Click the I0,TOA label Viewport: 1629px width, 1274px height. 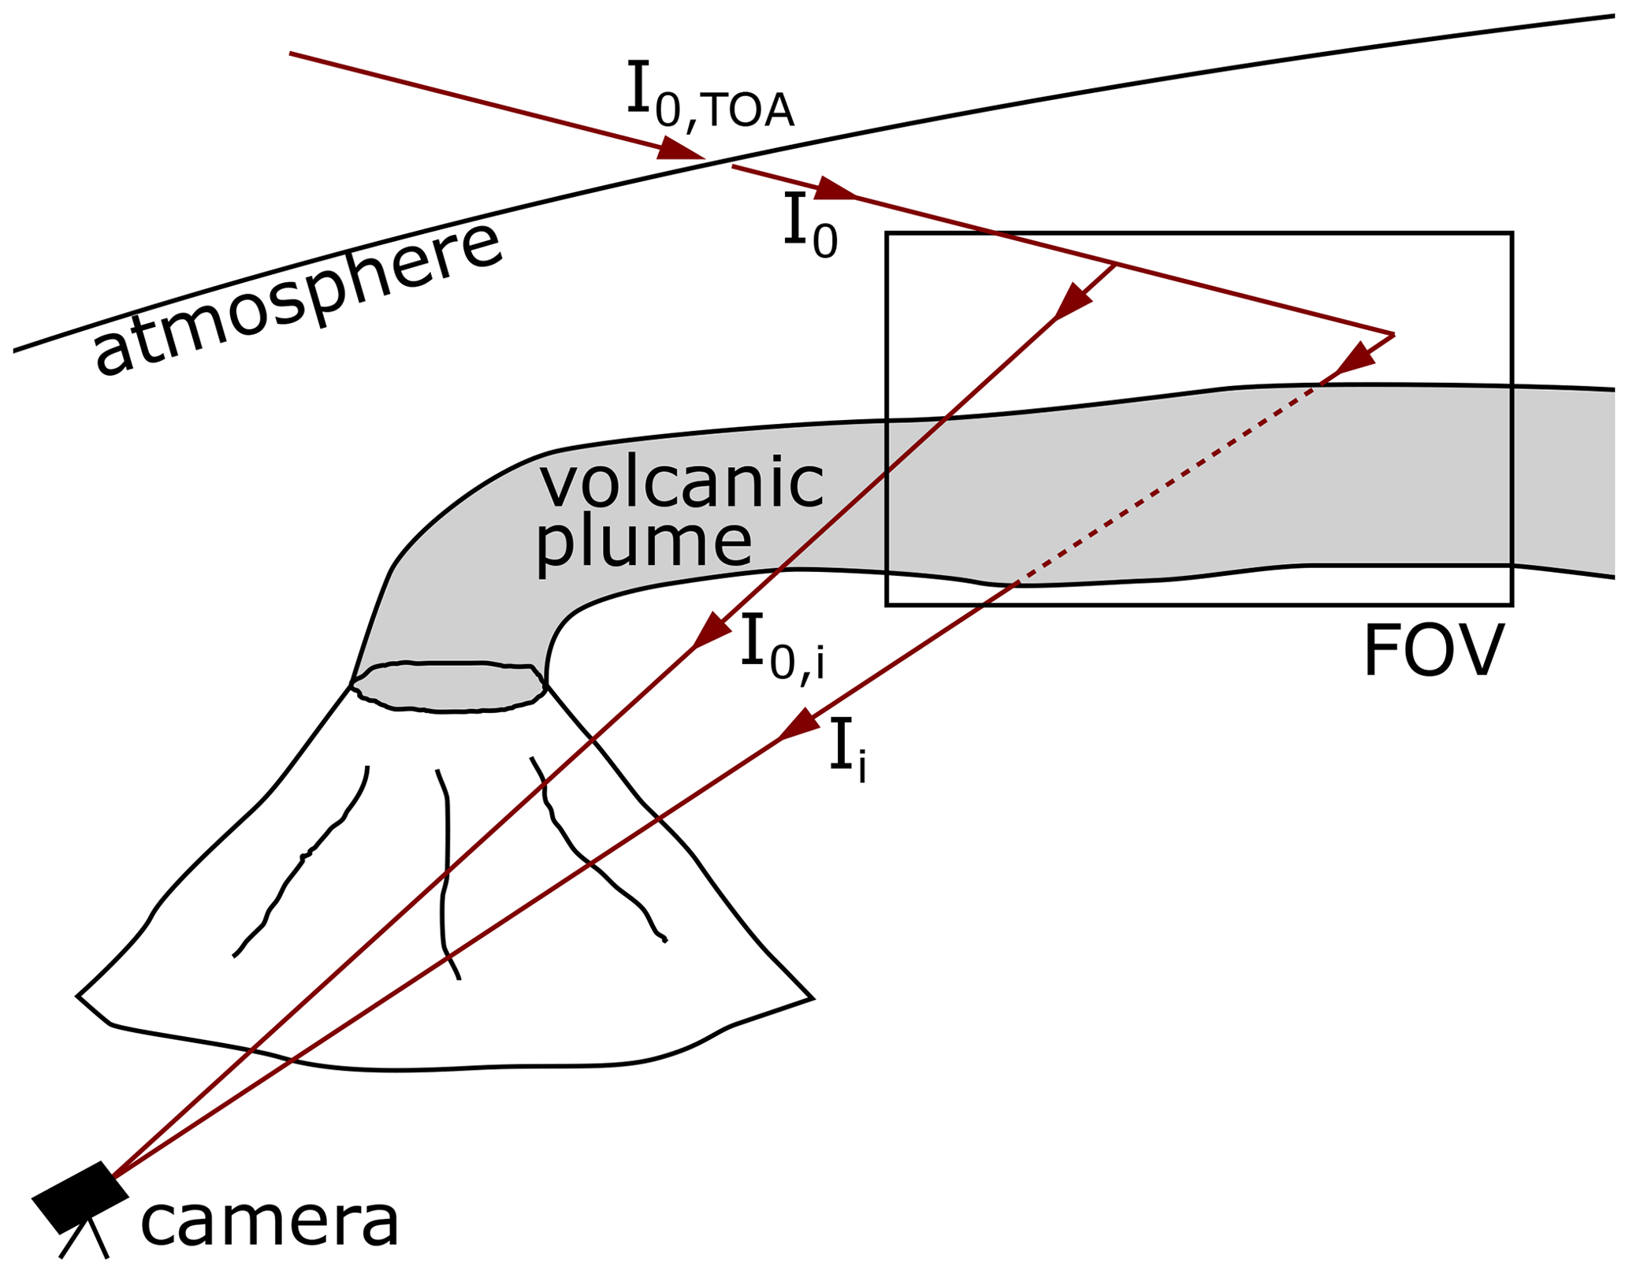[709, 96]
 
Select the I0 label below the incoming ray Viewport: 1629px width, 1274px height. [810, 226]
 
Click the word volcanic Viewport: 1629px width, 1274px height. [681, 481]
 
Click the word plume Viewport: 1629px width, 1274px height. [643, 544]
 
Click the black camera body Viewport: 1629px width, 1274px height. [80, 1196]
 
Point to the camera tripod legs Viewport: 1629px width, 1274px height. [84, 1240]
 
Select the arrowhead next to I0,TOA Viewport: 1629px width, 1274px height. [678, 150]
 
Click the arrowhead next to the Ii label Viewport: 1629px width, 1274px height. [799, 726]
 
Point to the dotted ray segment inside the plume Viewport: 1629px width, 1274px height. [1166, 484]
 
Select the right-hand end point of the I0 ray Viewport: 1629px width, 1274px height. [1393, 335]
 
